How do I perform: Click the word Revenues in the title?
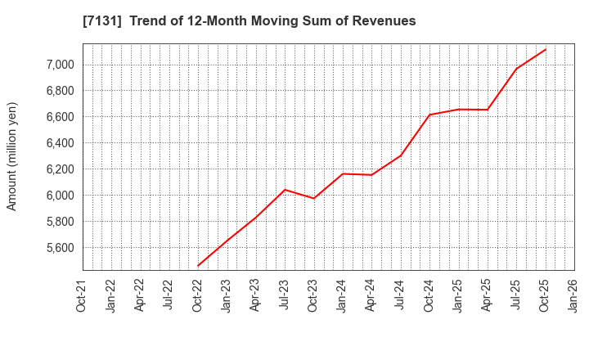point(384,21)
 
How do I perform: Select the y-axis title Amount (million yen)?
point(12,156)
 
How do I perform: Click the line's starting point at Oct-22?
point(198,266)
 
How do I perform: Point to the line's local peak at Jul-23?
point(285,190)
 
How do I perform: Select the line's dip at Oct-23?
point(313,198)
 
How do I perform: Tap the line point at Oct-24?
point(429,115)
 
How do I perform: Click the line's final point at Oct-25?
point(546,49)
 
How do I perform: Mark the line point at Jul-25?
point(516,69)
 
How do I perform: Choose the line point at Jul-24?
point(401,155)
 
